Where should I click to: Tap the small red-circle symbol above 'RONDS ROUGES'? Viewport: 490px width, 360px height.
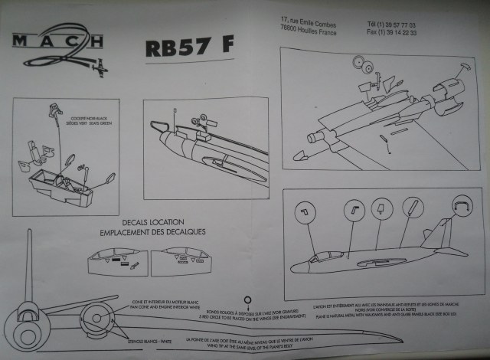(247, 300)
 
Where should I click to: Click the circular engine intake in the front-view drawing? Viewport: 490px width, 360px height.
(99, 316)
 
